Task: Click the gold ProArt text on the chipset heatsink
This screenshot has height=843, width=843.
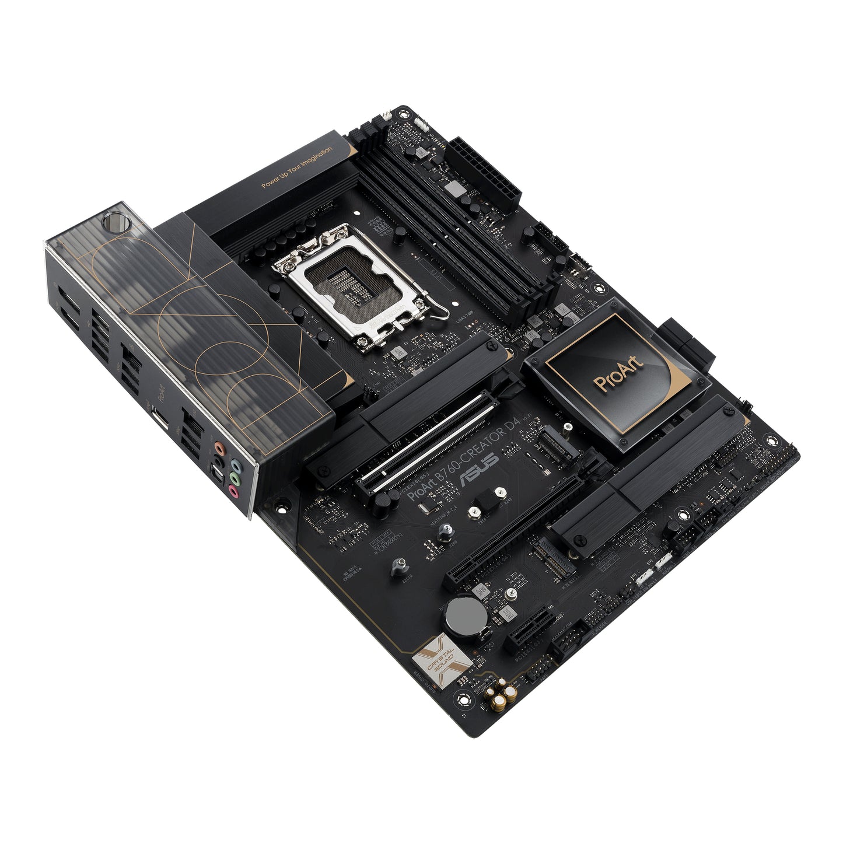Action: (x=618, y=374)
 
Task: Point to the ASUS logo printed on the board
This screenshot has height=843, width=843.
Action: (x=480, y=470)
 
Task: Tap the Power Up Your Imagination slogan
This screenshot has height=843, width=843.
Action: (x=297, y=167)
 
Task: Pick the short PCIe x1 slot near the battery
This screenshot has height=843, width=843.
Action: (x=529, y=630)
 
